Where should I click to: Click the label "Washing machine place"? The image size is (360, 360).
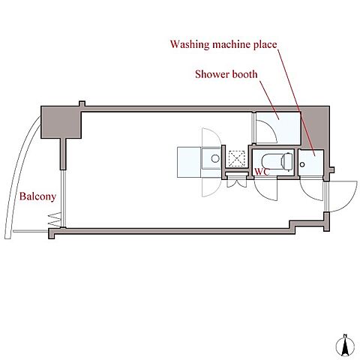(x=223, y=45)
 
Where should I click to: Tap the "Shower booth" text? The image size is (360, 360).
(x=226, y=74)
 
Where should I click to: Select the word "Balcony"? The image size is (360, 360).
(x=37, y=196)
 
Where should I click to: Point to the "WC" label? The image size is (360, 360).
(x=262, y=172)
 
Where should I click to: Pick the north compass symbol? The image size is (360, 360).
(x=345, y=345)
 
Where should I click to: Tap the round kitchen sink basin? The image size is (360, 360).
(x=215, y=158)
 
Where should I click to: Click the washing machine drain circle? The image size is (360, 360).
(x=302, y=164)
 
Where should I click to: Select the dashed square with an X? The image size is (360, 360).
(x=237, y=158)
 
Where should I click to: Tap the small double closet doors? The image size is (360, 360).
(x=237, y=183)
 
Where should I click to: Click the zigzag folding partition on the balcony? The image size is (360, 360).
(x=55, y=220)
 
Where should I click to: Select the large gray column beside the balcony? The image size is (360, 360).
(x=61, y=122)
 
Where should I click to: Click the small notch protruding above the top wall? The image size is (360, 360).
(x=82, y=103)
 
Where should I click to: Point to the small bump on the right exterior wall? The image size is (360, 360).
(x=332, y=169)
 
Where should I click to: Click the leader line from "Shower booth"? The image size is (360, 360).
(x=269, y=100)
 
